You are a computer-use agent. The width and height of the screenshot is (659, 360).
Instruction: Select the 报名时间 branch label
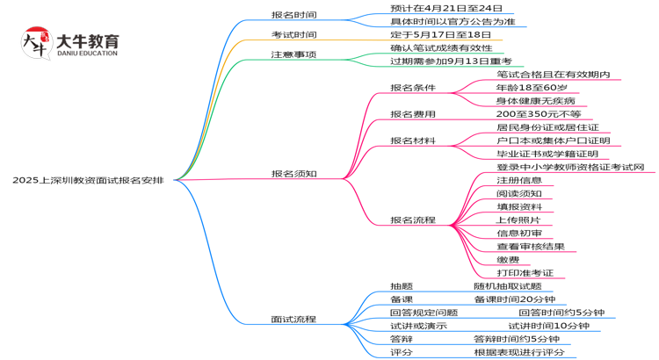click(x=293, y=15)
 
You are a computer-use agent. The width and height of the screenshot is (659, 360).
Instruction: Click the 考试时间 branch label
click(x=293, y=34)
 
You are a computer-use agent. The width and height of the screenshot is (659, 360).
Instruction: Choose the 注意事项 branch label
click(x=293, y=54)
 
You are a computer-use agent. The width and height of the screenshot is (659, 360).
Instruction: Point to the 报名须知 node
click(x=293, y=174)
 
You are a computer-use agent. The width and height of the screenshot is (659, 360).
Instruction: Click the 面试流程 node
click(x=293, y=320)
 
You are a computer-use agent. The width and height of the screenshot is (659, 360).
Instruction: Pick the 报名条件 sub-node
click(x=413, y=88)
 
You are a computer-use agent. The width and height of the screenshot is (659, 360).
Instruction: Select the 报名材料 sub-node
click(x=413, y=140)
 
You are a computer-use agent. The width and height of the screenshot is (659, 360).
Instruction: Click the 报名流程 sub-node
click(x=413, y=220)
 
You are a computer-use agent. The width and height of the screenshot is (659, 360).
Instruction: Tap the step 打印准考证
click(x=525, y=273)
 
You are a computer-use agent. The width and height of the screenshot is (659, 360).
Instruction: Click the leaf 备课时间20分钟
click(x=515, y=299)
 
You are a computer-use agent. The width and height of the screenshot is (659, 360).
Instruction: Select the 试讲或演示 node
click(x=418, y=326)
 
